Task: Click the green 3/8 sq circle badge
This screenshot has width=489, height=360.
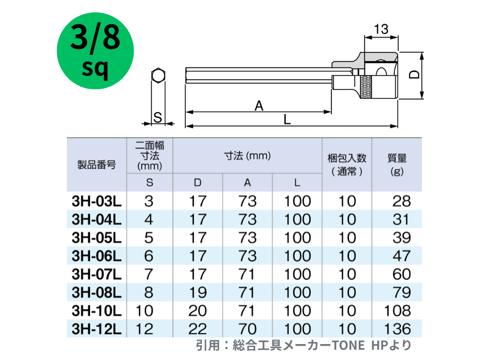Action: pyautogui.click(x=95, y=51)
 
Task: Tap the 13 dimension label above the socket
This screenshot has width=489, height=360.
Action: pyautogui.click(x=381, y=29)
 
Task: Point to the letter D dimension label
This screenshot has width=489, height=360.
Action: pyautogui.click(x=415, y=75)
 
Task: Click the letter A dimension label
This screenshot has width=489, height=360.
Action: pyautogui.click(x=259, y=106)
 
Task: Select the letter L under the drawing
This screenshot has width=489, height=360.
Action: pyautogui.click(x=287, y=119)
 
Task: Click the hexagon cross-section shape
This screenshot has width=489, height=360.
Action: pyautogui.click(x=158, y=76)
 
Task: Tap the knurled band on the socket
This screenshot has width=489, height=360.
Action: pyautogui.click(x=366, y=87)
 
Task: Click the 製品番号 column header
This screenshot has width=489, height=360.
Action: pyautogui.click(x=97, y=165)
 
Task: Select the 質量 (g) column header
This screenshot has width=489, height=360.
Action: pyautogui.click(x=397, y=165)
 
